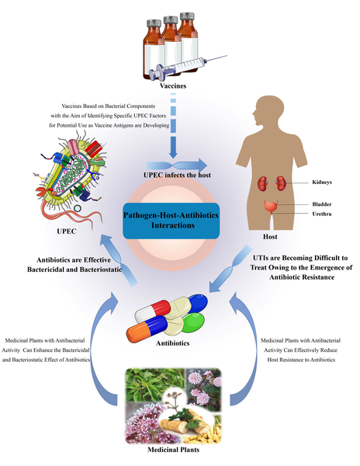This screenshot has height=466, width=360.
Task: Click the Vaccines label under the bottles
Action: pos(173,86)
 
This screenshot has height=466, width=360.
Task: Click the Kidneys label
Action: pos(322,183)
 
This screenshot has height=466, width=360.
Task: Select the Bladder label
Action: pos(322,204)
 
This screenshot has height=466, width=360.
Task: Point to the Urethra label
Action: pos(322,214)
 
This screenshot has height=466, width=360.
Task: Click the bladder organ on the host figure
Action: pos(271,207)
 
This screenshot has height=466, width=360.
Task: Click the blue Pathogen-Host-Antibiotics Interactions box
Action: pos(171,221)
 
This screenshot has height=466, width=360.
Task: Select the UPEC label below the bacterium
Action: pos(67,231)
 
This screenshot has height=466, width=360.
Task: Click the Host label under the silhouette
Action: pos(270,237)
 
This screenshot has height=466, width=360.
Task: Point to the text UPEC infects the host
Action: pos(177,175)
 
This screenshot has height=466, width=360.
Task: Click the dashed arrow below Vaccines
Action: pos(173,126)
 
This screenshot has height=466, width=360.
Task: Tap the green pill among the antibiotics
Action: pos(193,322)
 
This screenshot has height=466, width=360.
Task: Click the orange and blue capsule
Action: pos(147,329)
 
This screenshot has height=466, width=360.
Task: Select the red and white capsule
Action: pos(153,311)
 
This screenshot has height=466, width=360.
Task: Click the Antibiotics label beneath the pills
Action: pos(173,343)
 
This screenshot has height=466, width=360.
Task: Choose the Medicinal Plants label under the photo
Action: pos(173,450)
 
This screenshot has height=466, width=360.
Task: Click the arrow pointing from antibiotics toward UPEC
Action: pos(119,260)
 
